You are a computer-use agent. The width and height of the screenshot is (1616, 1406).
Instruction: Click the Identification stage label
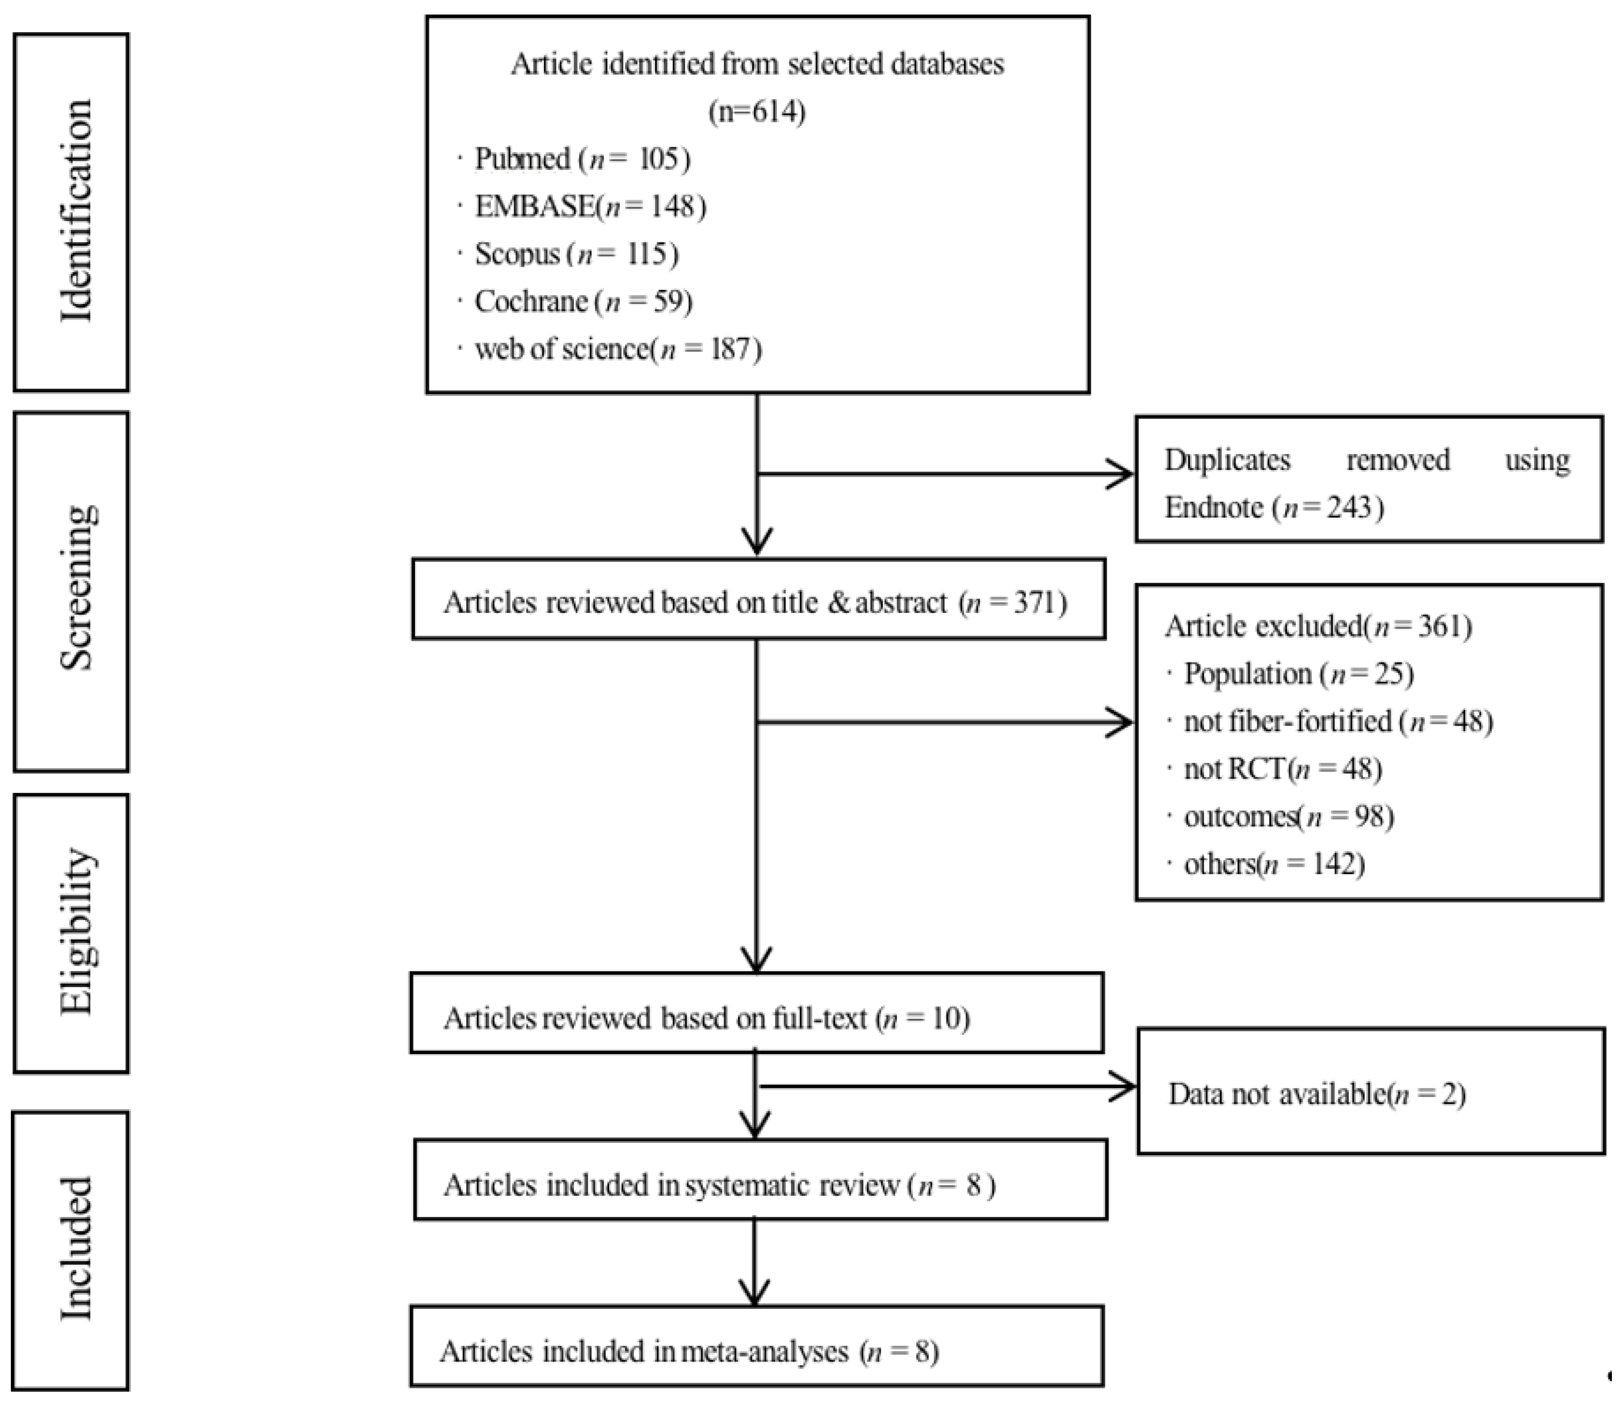76,210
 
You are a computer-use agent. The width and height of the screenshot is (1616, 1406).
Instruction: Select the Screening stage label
76,588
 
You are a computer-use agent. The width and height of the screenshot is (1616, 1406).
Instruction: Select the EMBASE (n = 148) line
589,206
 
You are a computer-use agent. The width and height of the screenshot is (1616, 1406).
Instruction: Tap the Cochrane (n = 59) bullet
583,301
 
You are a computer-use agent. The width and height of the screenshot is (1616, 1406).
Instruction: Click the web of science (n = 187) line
617,349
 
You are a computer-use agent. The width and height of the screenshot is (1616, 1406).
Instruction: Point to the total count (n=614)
757,111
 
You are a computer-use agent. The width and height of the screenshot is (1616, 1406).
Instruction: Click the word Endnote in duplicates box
1213,508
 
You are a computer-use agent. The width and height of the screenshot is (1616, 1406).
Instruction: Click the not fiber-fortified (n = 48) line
1338,721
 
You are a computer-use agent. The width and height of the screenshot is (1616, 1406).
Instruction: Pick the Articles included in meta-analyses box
756,1351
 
